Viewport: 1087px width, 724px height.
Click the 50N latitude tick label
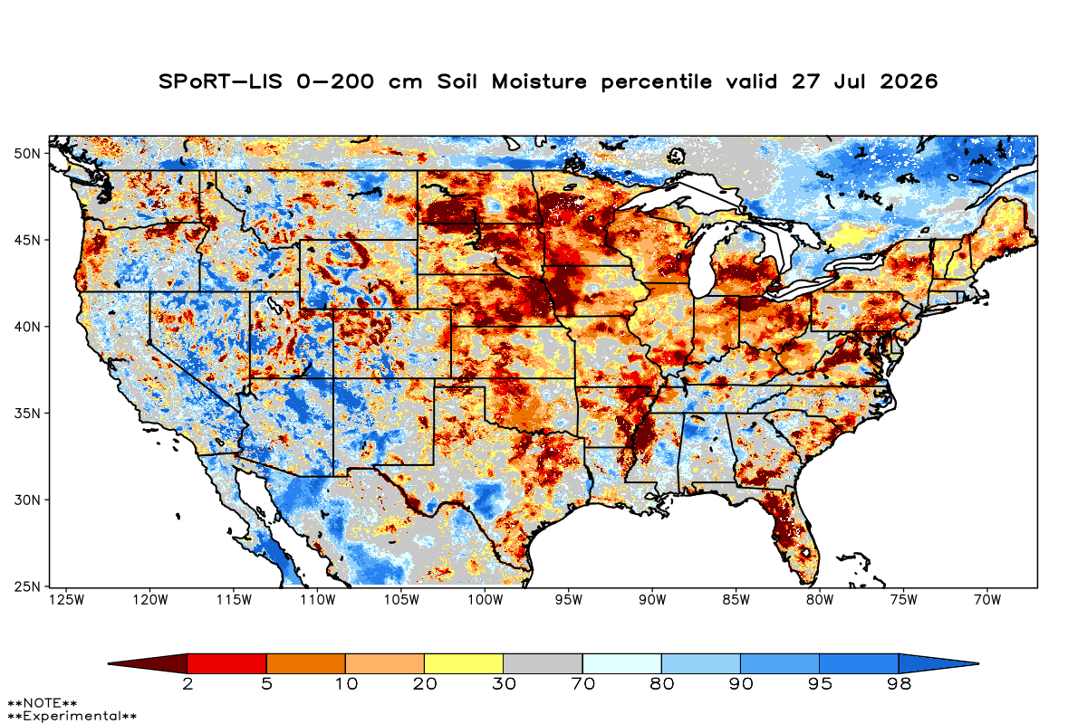tap(27, 154)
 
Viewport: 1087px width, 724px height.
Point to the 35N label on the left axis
tap(27, 414)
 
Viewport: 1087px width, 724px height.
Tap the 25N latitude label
tap(27, 587)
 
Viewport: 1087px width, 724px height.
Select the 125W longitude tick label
tap(67, 600)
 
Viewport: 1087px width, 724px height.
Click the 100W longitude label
tap(486, 600)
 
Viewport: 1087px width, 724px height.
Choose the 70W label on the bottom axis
tap(987, 600)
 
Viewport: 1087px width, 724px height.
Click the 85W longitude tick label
tap(736, 600)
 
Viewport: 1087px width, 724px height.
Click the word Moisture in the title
tap(539, 81)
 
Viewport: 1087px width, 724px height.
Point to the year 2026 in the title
tap(909, 81)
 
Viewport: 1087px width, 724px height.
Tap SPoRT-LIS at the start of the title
tap(220, 81)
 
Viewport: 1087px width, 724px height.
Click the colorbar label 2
tap(188, 684)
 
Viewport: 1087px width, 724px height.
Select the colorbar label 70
tap(582, 684)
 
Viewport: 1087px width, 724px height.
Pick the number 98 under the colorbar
tap(899, 684)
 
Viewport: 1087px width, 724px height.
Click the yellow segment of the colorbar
tap(464, 663)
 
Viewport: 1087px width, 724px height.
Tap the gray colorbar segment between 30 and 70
tap(543, 663)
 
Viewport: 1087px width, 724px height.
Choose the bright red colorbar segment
tap(227, 663)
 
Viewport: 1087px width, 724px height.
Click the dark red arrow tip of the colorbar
tap(109, 663)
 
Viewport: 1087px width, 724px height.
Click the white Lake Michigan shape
tap(702, 262)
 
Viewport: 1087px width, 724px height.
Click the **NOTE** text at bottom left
tap(43, 702)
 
